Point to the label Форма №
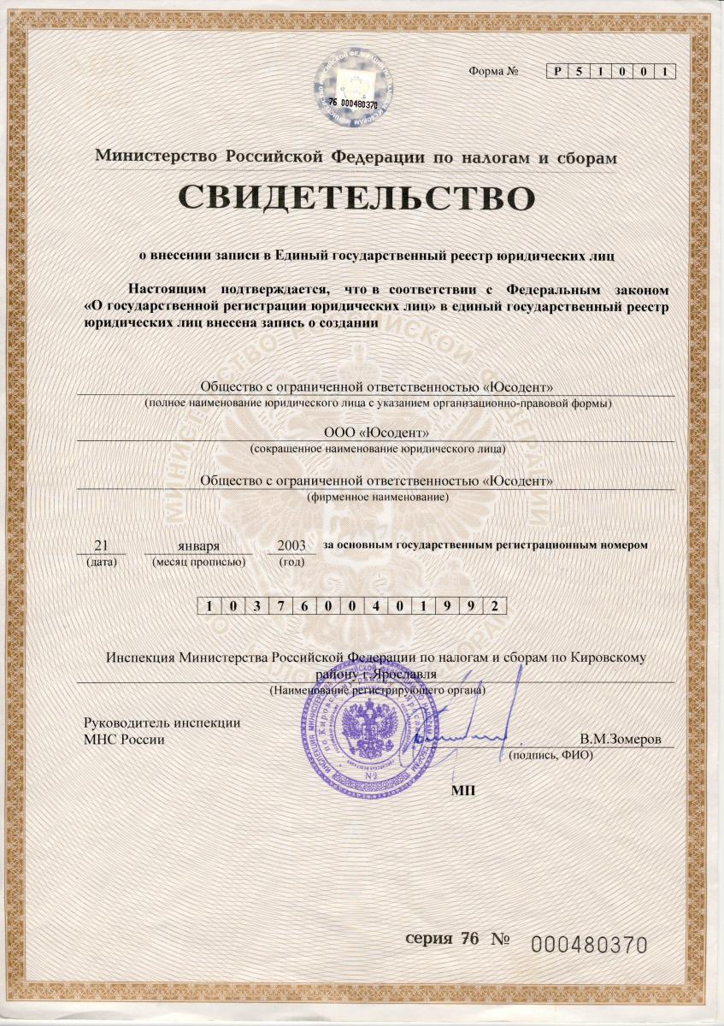pyautogui.click(x=494, y=71)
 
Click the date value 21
pyautogui.click(x=102, y=545)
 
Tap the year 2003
pyautogui.click(x=291, y=545)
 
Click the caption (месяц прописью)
pyautogui.click(x=199, y=562)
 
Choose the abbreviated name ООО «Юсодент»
pyautogui.click(x=376, y=433)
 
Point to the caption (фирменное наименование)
pyautogui.click(x=377, y=497)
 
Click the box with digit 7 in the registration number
pyautogui.click(x=275, y=606)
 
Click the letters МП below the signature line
pyautogui.click(x=462, y=787)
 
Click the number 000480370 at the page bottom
pyautogui.click(x=589, y=944)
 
